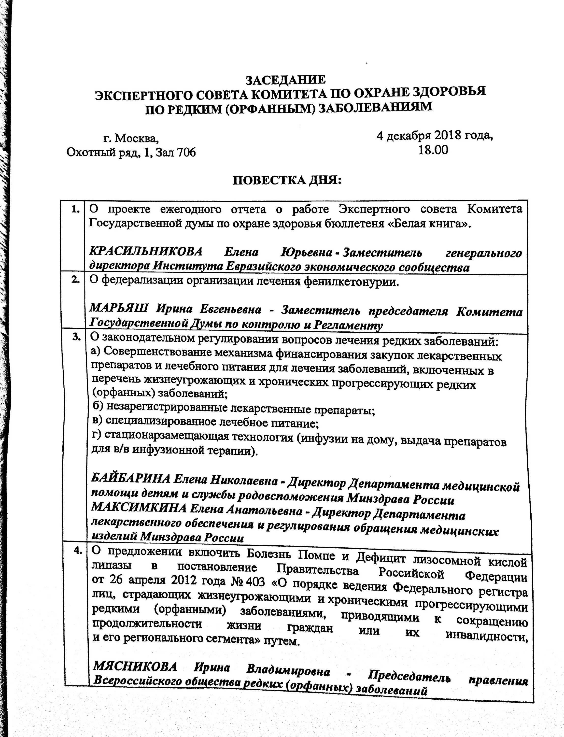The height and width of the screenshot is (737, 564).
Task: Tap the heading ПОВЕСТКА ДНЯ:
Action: click(287, 180)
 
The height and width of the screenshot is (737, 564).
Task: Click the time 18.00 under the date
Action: click(433, 150)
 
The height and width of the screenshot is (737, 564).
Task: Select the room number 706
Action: click(186, 153)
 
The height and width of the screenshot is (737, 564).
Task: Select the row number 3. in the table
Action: click(77, 338)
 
